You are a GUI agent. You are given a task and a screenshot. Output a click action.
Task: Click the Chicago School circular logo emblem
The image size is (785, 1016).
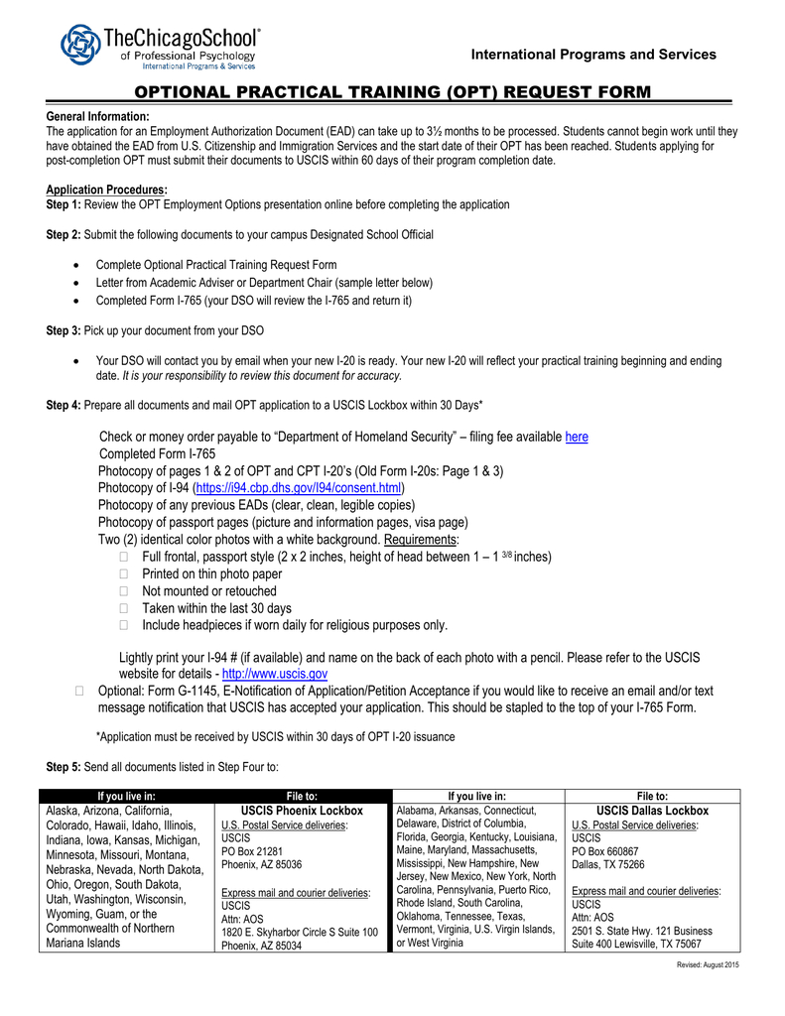(x=80, y=46)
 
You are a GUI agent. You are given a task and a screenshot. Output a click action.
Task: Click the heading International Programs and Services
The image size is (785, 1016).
(x=593, y=54)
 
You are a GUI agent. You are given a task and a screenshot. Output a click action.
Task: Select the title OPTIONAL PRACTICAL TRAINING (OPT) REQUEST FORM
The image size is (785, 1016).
(x=393, y=92)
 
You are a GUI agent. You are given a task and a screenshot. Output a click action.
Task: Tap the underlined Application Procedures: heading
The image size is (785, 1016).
(x=107, y=190)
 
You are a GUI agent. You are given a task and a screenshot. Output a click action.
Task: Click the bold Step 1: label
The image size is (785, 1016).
(x=65, y=204)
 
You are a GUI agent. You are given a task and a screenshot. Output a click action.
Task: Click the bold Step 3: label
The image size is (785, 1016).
(x=65, y=329)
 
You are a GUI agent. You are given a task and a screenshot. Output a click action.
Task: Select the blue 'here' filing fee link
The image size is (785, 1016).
(x=577, y=438)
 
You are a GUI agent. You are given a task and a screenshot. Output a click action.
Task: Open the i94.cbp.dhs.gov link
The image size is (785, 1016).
(x=300, y=488)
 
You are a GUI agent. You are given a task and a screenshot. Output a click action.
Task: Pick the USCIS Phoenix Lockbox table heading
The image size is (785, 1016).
(x=302, y=811)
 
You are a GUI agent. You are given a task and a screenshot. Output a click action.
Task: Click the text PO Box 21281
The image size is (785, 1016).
(x=252, y=851)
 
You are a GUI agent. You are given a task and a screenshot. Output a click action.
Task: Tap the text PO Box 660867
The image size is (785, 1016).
(x=605, y=851)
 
